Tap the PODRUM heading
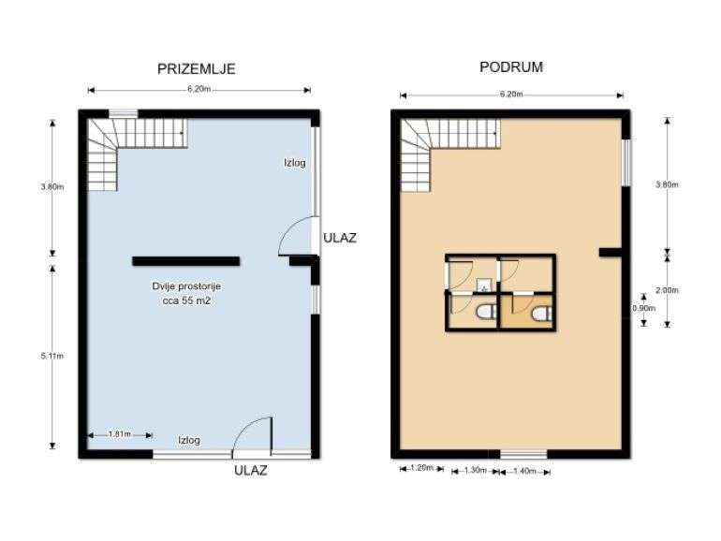[x=511, y=67]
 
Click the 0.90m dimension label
[x=644, y=308]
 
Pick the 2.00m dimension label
[x=667, y=290]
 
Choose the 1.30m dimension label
[x=475, y=470]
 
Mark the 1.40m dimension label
[x=524, y=470]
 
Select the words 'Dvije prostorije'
[x=185, y=285]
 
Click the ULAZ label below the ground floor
[x=250, y=471]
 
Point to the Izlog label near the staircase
[x=295, y=163]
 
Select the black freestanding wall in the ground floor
[x=185, y=261]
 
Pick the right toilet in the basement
[x=540, y=314]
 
